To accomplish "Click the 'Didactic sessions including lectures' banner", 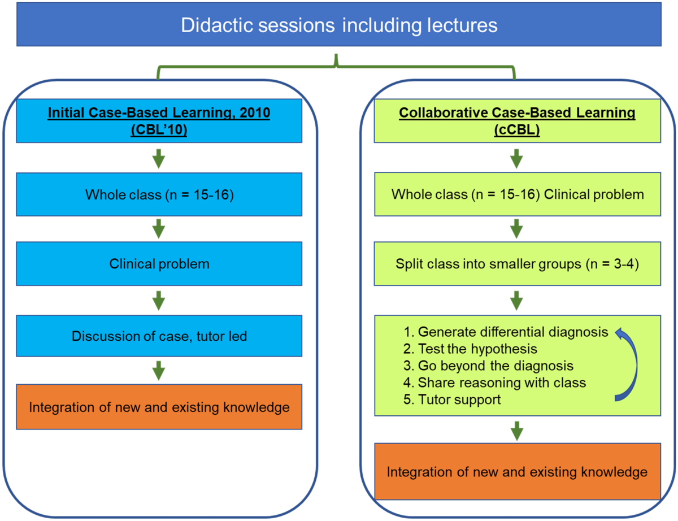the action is (x=339, y=24).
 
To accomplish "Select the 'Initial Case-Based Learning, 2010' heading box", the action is (x=159, y=121).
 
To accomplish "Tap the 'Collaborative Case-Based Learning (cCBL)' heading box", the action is (x=518, y=121).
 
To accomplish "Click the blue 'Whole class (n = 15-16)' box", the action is (x=159, y=194).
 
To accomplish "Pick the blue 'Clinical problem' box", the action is (x=159, y=264).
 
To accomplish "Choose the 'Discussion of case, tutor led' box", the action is (x=159, y=336).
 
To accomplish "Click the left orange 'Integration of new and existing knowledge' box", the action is (x=159, y=407).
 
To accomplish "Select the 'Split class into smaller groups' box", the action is (x=518, y=264).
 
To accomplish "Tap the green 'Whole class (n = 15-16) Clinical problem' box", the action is (x=518, y=194).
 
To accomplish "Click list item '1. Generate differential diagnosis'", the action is (x=506, y=332).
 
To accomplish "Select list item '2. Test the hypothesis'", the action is (x=470, y=349).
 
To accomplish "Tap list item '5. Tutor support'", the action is (x=452, y=400).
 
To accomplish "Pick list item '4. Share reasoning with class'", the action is (x=494, y=383).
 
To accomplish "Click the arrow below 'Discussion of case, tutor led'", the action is (x=159, y=371).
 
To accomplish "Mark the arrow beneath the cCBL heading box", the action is (x=516, y=159).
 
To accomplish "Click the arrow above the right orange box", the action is (x=517, y=431).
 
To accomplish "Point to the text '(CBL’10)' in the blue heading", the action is (x=159, y=129).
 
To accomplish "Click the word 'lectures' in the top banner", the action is (x=462, y=25).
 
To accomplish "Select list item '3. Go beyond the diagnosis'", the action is (x=488, y=366).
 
